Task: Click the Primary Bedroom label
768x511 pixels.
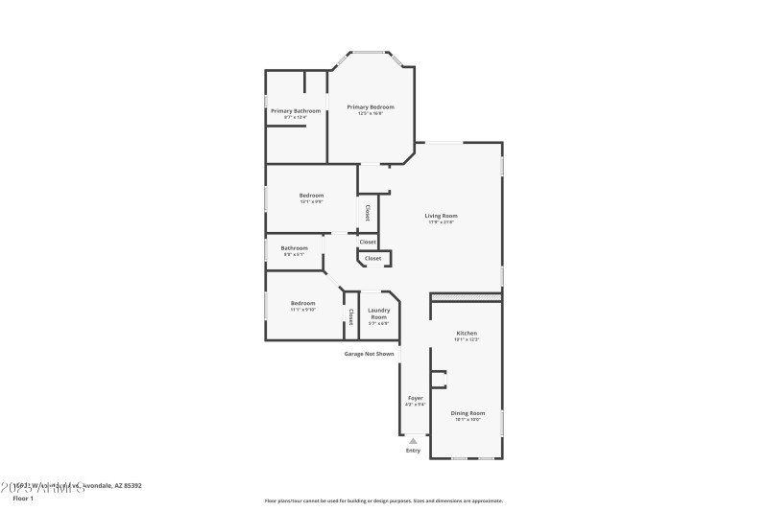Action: click(371, 107)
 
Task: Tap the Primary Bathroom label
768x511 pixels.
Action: click(296, 111)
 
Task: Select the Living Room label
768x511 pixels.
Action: click(441, 216)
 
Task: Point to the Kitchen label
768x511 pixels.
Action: click(466, 333)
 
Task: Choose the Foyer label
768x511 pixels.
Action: click(415, 398)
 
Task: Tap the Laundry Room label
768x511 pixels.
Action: click(378, 314)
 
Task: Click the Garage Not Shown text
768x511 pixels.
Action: click(370, 354)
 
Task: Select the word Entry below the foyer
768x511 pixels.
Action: click(413, 450)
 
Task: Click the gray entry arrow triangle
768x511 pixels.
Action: click(413, 441)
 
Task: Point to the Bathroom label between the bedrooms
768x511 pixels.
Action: click(295, 248)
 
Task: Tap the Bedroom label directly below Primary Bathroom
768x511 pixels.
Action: click(311, 196)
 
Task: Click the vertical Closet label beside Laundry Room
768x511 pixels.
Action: click(351, 315)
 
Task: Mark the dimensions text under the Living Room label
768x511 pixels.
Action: click(441, 222)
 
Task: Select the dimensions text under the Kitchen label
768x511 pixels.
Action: click(466, 339)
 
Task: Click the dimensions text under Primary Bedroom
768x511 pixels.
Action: click(371, 114)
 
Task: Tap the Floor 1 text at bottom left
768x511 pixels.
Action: click(23, 499)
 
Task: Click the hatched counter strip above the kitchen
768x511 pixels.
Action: click(466, 298)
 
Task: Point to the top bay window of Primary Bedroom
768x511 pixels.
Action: click(370, 52)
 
